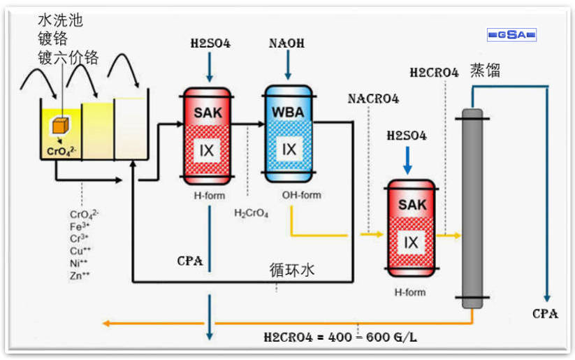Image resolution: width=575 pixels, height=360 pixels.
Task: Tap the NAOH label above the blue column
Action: pyautogui.click(x=286, y=43)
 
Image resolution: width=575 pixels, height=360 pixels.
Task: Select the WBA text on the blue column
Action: pyautogui.click(x=289, y=113)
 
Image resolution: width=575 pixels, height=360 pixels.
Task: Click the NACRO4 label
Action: pyautogui.click(x=373, y=99)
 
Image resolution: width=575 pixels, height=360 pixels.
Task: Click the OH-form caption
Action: pyautogui.click(x=302, y=195)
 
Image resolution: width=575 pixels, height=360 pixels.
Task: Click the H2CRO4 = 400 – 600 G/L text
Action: pyautogui.click(x=341, y=336)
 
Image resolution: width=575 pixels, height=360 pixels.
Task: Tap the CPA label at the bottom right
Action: pyautogui.click(x=545, y=314)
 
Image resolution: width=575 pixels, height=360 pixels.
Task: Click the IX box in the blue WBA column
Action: pyautogui.click(x=289, y=149)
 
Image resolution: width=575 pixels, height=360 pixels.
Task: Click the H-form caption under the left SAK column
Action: pyautogui.click(x=208, y=195)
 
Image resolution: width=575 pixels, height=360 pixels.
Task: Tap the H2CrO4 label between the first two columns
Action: pyautogui.click(x=251, y=213)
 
